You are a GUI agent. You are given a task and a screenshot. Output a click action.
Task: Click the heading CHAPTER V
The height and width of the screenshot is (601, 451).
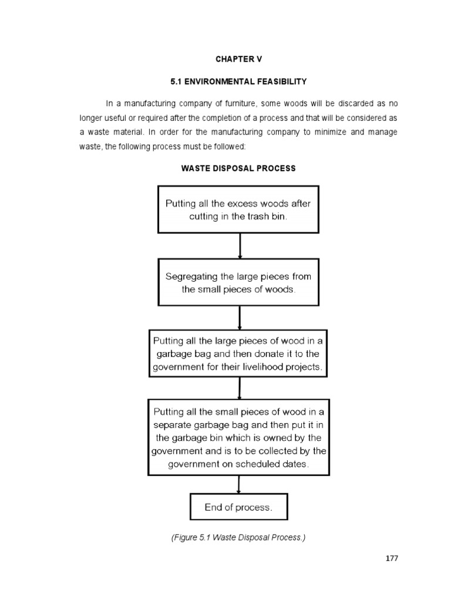(238, 59)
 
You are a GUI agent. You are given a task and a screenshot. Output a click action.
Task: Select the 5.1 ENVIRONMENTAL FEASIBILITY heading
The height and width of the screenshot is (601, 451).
(238, 80)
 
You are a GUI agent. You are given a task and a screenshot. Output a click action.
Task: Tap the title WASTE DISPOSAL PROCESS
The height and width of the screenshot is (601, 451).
(238, 168)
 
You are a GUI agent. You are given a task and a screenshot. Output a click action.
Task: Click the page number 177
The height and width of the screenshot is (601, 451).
(392, 558)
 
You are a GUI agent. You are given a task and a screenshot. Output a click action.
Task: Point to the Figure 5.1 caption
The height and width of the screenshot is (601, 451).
(238, 535)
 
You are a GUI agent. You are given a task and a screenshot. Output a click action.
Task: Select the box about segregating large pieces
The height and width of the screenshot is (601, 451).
(238, 282)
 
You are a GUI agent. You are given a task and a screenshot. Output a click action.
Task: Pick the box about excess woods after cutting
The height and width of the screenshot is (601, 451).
(238, 210)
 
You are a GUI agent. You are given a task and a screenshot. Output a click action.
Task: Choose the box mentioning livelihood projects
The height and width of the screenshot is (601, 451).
(238, 353)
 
